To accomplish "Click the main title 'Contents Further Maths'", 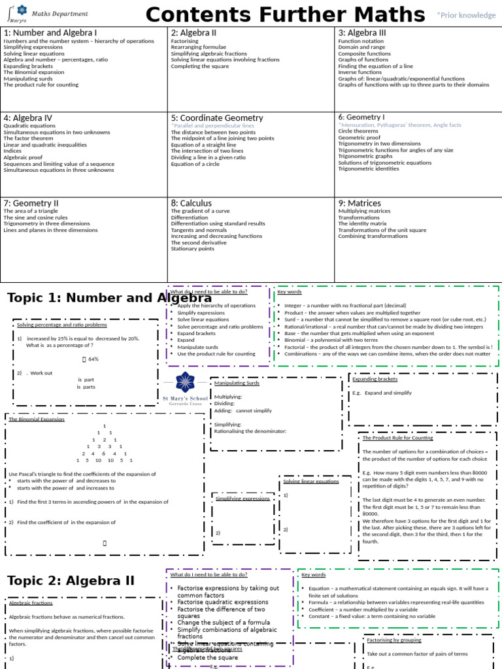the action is [x=285, y=14].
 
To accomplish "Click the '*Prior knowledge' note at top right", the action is [x=466, y=15].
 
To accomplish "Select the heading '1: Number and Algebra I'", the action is [x=50, y=33].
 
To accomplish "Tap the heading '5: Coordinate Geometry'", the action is [x=217, y=118].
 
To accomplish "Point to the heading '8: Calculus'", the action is [x=192, y=203].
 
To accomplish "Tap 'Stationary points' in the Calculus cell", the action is [x=192, y=249].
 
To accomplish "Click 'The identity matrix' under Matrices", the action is [x=362, y=223].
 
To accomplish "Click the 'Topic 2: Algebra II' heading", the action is [x=71, y=581].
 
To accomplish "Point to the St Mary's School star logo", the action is [x=185, y=382].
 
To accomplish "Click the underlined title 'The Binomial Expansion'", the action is [x=37, y=419].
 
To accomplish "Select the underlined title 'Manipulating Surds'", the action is [x=237, y=383].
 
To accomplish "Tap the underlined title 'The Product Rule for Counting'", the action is [x=397, y=438].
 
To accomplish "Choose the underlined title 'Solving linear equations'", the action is [x=310, y=481].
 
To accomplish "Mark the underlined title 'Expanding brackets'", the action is [x=375, y=379].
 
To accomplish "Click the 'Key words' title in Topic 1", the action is [x=290, y=292].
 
